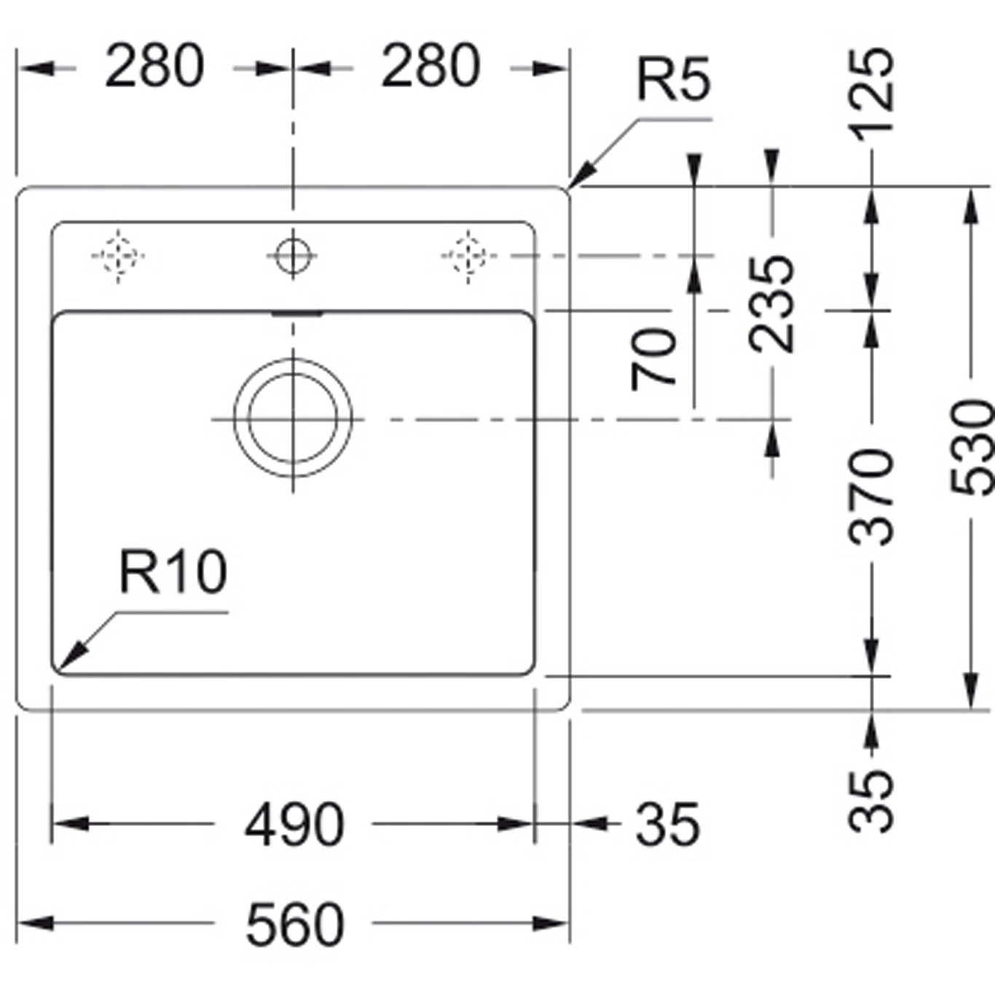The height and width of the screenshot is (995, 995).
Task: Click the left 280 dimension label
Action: click(x=154, y=66)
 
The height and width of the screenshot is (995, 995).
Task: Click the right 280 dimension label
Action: click(x=430, y=66)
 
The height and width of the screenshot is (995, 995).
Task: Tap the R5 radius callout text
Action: click(x=673, y=79)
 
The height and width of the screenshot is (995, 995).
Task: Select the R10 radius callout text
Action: click(x=173, y=572)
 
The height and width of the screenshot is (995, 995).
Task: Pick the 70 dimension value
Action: click(x=654, y=359)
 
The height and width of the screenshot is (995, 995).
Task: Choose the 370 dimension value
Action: click(x=872, y=497)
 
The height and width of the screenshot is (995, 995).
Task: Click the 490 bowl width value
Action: click(x=294, y=825)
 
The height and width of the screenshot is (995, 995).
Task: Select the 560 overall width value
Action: click(x=294, y=924)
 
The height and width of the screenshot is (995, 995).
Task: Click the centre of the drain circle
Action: click(x=293, y=419)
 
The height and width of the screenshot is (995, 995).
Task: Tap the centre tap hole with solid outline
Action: click(x=293, y=256)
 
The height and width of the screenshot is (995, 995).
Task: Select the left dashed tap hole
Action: click(x=118, y=256)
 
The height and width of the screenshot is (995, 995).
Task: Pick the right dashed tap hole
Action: click(x=468, y=256)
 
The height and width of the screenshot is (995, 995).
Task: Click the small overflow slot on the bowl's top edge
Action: click(x=296, y=313)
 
